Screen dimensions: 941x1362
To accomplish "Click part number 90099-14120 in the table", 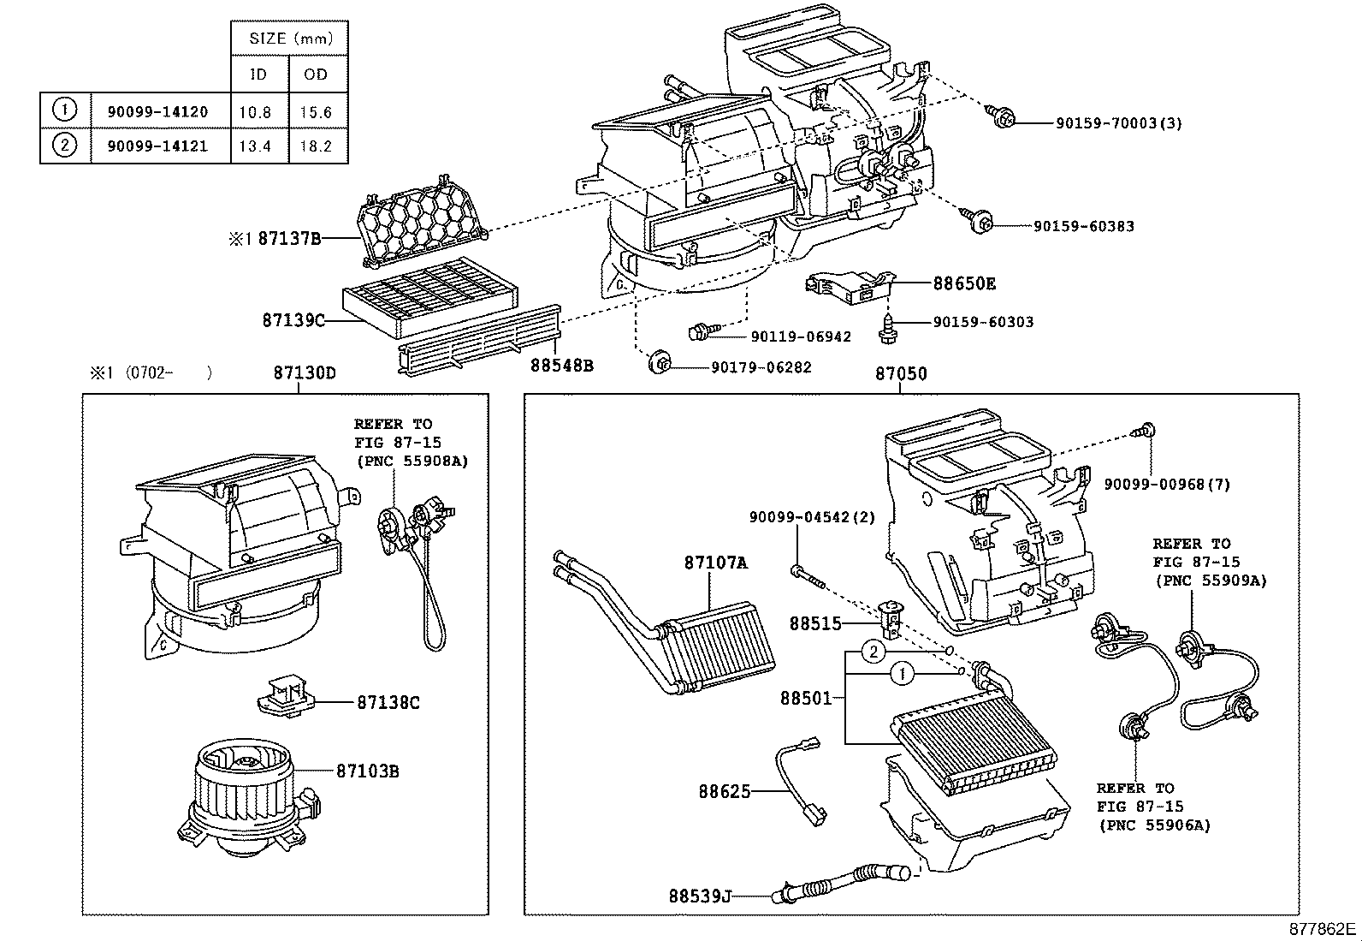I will (157, 111).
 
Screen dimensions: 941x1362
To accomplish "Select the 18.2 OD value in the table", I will (316, 146).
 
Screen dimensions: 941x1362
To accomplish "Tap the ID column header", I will (258, 74).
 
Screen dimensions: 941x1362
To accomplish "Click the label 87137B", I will (289, 240).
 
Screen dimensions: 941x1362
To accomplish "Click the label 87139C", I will (293, 320).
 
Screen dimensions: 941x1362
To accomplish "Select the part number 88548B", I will (561, 366).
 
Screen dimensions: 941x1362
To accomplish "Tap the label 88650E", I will (964, 283).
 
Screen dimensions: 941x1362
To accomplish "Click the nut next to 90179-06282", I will (660, 363).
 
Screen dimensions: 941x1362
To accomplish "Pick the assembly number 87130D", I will (305, 373).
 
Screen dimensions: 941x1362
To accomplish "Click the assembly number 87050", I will (900, 374).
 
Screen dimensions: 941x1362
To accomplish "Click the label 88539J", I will (700, 896).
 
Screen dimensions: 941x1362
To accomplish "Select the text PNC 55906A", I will (1155, 825).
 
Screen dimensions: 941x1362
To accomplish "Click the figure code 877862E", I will (1323, 928).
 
